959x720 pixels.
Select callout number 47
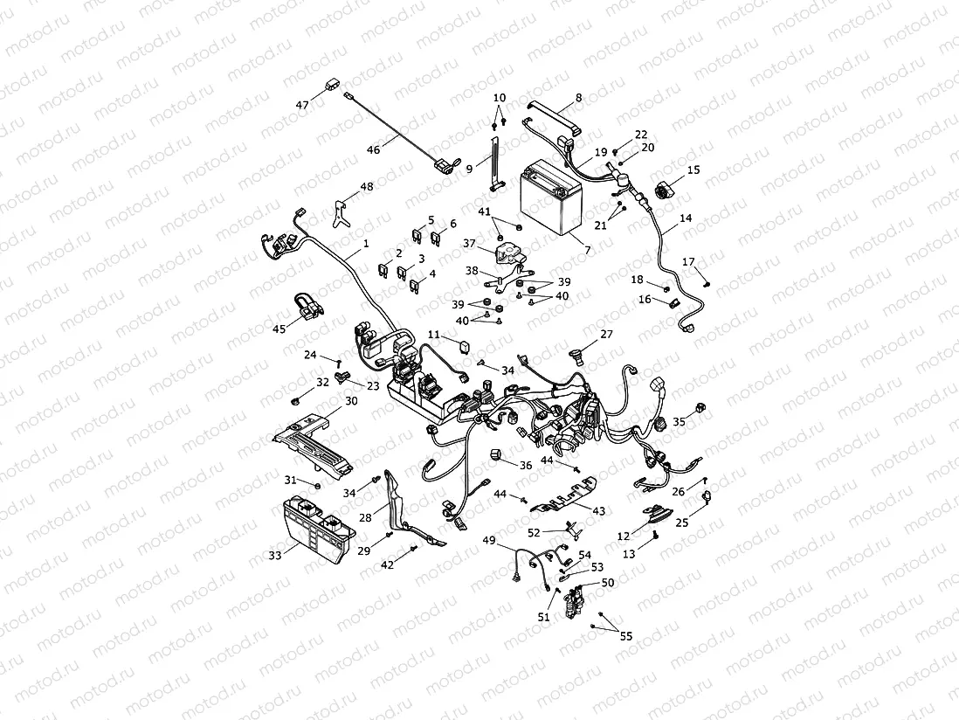coord(302,105)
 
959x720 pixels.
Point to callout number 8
coord(578,99)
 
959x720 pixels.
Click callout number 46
coord(373,150)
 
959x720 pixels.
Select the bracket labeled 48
coord(341,210)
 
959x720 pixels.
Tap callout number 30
coord(351,400)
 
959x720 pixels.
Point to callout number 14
coord(686,218)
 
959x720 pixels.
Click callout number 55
coord(626,636)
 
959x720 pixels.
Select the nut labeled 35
coord(700,410)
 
